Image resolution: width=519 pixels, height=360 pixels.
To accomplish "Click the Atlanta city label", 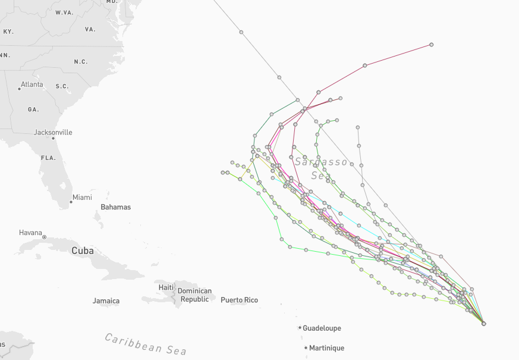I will tap(32, 84).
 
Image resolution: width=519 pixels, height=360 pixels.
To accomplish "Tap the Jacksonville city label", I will tap(53, 132).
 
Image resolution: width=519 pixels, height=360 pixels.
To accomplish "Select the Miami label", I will tap(82, 198).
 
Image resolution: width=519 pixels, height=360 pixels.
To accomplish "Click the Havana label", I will tap(30, 233).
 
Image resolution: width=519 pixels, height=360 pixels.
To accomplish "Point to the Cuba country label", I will tap(83, 251).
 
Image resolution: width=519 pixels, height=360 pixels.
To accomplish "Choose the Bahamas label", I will tap(115, 207).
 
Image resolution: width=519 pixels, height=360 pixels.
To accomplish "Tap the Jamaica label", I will tap(106, 301).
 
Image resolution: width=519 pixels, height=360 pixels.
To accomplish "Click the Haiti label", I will tap(166, 287).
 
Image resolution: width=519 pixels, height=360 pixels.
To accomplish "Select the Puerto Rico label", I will tap(239, 300).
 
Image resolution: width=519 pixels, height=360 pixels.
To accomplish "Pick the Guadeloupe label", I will tap(322, 328).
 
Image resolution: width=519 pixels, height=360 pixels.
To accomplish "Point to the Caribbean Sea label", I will tap(146, 343).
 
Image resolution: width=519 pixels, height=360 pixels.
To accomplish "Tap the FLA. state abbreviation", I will tap(48, 158).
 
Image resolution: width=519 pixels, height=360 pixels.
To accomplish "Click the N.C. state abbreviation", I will tap(81, 62).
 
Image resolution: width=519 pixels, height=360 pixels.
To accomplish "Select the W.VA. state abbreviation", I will tap(64, 12).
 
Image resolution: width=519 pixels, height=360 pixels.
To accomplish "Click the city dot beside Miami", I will tap(71, 202).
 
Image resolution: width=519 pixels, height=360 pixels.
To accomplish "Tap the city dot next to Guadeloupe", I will tap(300, 327).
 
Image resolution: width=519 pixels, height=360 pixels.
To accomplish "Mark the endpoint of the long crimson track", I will tap(431, 45).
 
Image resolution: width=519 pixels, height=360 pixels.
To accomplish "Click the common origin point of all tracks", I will tap(484, 324).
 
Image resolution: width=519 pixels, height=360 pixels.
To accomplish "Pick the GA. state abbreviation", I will tap(33, 109).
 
